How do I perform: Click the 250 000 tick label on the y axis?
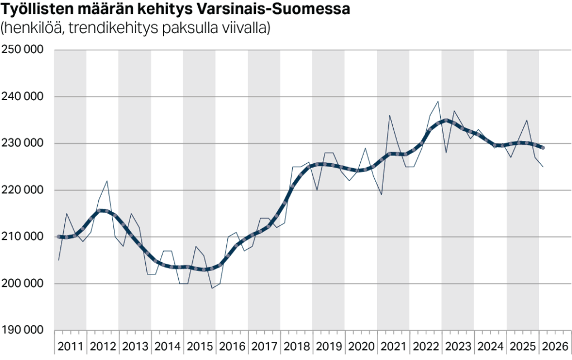pos(23,50)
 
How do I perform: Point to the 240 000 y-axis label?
pos(23,97)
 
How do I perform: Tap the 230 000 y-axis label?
pos(23,143)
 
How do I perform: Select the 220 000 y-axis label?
pos(23,190)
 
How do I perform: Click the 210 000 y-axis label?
pos(23,236)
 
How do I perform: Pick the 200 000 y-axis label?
pos(23,283)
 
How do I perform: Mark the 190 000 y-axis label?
pos(23,330)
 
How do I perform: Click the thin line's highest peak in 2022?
pos(437,101)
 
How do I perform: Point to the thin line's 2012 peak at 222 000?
pos(107,181)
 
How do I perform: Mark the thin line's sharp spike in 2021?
pos(389,115)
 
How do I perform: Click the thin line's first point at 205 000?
pos(59,260)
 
